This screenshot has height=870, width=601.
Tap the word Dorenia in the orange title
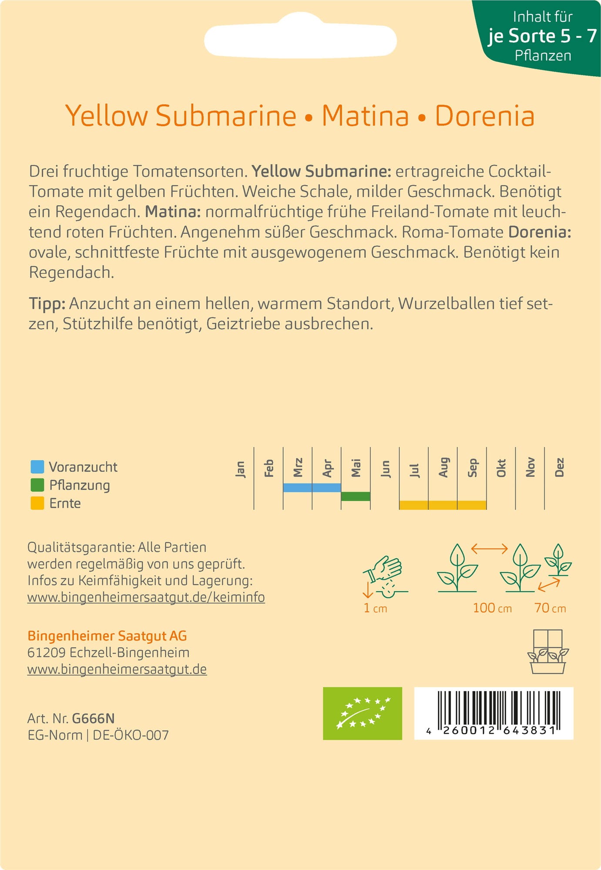tap(484, 116)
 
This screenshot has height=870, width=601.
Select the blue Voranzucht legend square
tap(37, 467)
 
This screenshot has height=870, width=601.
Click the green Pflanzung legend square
tap(37, 485)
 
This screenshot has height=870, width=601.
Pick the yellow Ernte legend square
tap(37, 503)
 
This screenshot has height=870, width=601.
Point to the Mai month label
tap(356, 468)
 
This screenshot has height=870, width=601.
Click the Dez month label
tap(559, 468)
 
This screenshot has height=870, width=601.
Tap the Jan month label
tap(240, 469)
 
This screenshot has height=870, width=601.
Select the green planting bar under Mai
tap(356, 496)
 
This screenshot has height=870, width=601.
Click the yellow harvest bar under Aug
tap(443, 505)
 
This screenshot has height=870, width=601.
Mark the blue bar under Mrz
tap(297, 488)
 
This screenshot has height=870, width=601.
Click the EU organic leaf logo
tap(362, 713)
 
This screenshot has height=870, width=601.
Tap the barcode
tap(494, 713)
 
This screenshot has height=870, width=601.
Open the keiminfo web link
tap(146, 597)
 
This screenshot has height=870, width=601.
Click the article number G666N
tap(93, 718)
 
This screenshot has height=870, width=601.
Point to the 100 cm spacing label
tap(492, 608)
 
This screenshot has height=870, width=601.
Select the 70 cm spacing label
tap(550, 608)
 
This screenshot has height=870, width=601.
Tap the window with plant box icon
tap(547, 651)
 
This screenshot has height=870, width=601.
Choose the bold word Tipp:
tap(47, 304)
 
